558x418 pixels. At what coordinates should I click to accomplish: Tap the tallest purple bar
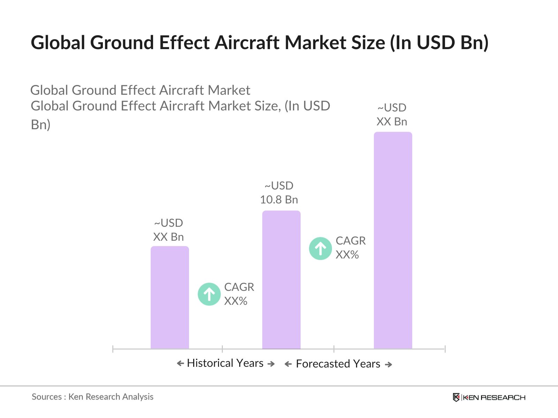[x=393, y=240]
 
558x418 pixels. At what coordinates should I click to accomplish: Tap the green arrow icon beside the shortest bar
[x=209, y=294]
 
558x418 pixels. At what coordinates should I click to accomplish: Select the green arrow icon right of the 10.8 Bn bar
[x=321, y=248]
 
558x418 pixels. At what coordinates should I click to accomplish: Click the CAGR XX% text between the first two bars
[x=239, y=294]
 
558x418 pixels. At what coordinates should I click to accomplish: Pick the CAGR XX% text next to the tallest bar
[x=350, y=248]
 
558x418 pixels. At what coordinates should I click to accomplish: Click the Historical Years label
[x=225, y=363]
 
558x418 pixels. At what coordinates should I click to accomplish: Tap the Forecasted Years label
[x=338, y=364]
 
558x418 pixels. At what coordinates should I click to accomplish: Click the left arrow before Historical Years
[x=180, y=364]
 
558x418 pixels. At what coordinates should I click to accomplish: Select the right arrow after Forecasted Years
[x=388, y=364]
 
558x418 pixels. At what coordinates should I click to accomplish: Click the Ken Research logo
[x=489, y=397]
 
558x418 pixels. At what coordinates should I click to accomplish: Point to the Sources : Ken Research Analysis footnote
[x=92, y=397]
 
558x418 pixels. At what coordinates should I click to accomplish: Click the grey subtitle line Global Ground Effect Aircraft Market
[x=140, y=90]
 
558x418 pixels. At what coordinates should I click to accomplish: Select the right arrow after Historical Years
[x=271, y=364]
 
